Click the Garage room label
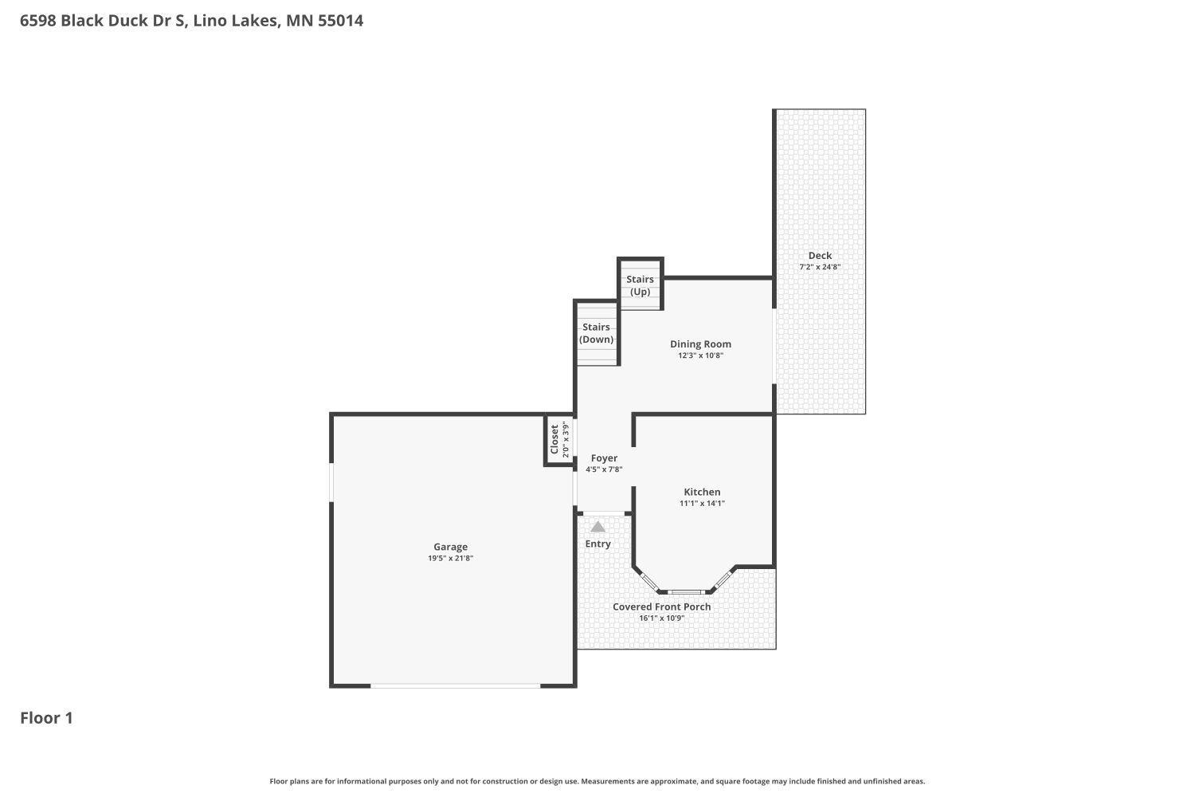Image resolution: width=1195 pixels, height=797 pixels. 450,547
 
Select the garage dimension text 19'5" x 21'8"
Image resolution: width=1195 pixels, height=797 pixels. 450,558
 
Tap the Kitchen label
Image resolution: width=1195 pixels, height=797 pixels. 702,492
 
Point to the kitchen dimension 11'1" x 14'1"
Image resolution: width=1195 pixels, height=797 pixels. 702,503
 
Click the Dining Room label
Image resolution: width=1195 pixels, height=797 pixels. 700,344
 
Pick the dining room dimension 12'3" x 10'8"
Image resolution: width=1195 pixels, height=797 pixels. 700,355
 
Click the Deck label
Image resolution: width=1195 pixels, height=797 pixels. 820,256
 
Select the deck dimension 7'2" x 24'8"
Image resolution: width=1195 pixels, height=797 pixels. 820,267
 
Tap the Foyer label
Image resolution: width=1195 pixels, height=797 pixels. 604,458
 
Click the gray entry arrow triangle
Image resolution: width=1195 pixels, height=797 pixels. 597,527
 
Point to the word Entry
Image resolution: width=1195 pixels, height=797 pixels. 597,544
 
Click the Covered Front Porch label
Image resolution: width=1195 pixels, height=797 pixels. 661,607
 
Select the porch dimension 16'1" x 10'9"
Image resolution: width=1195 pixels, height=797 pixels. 661,618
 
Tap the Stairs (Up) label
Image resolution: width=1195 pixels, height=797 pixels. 640,285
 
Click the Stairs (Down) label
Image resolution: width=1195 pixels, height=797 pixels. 596,333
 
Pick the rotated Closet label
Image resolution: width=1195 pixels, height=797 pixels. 554,439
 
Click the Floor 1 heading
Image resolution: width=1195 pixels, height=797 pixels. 46,718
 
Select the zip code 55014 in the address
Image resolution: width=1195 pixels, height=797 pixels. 340,21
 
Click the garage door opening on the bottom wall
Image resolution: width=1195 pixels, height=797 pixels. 455,685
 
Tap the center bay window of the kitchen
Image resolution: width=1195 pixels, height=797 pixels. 687,592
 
